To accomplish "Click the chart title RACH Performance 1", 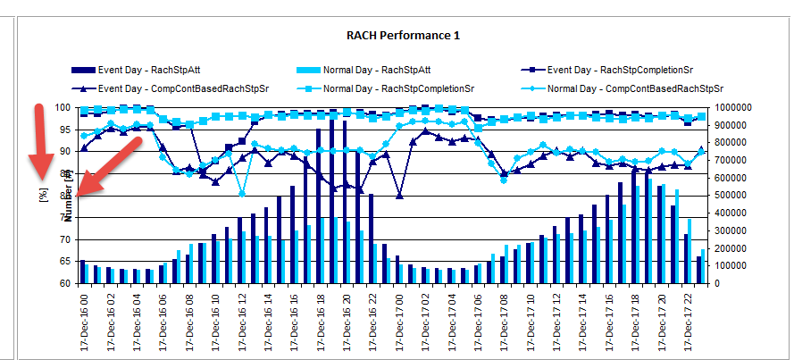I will click(396, 36).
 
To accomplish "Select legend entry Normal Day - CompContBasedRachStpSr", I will click(635, 88).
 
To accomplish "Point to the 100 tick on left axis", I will click(64, 107).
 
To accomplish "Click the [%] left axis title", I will click(42, 195).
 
